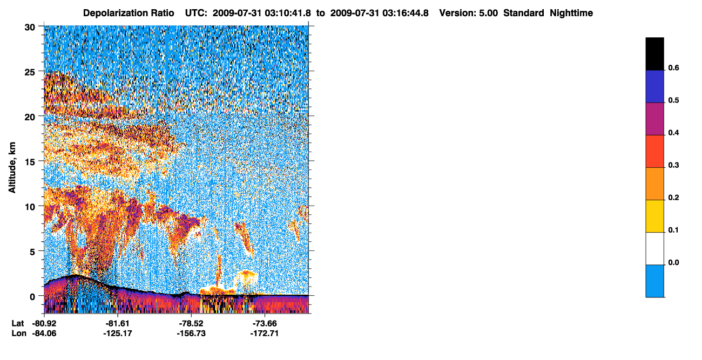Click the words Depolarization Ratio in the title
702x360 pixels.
[x=129, y=13]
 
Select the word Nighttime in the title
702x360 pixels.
[x=571, y=13]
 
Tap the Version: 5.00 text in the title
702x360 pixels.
[x=468, y=13]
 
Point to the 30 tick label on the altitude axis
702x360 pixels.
[x=30, y=28]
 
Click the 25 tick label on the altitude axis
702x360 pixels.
[x=30, y=72]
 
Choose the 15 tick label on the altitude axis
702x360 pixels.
[x=30, y=162]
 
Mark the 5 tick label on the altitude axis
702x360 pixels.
[x=32, y=252]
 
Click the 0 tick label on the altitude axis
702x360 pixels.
[x=32, y=297]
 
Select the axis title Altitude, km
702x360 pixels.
[x=12, y=167]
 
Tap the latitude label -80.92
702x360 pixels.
[x=44, y=323]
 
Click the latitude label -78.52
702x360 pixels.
[x=191, y=323]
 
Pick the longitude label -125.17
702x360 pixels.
[x=118, y=333]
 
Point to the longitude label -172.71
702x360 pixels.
[x=265, y=333]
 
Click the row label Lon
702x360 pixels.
[x=19, y=333]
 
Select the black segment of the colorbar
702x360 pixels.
[x=654, y=54]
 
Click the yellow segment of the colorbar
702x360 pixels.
[x=654, y=216]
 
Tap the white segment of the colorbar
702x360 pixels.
[x=654, y=248]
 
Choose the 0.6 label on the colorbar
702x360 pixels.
[x=673, y=67]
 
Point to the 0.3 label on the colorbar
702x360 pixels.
[x=673, y=165]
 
